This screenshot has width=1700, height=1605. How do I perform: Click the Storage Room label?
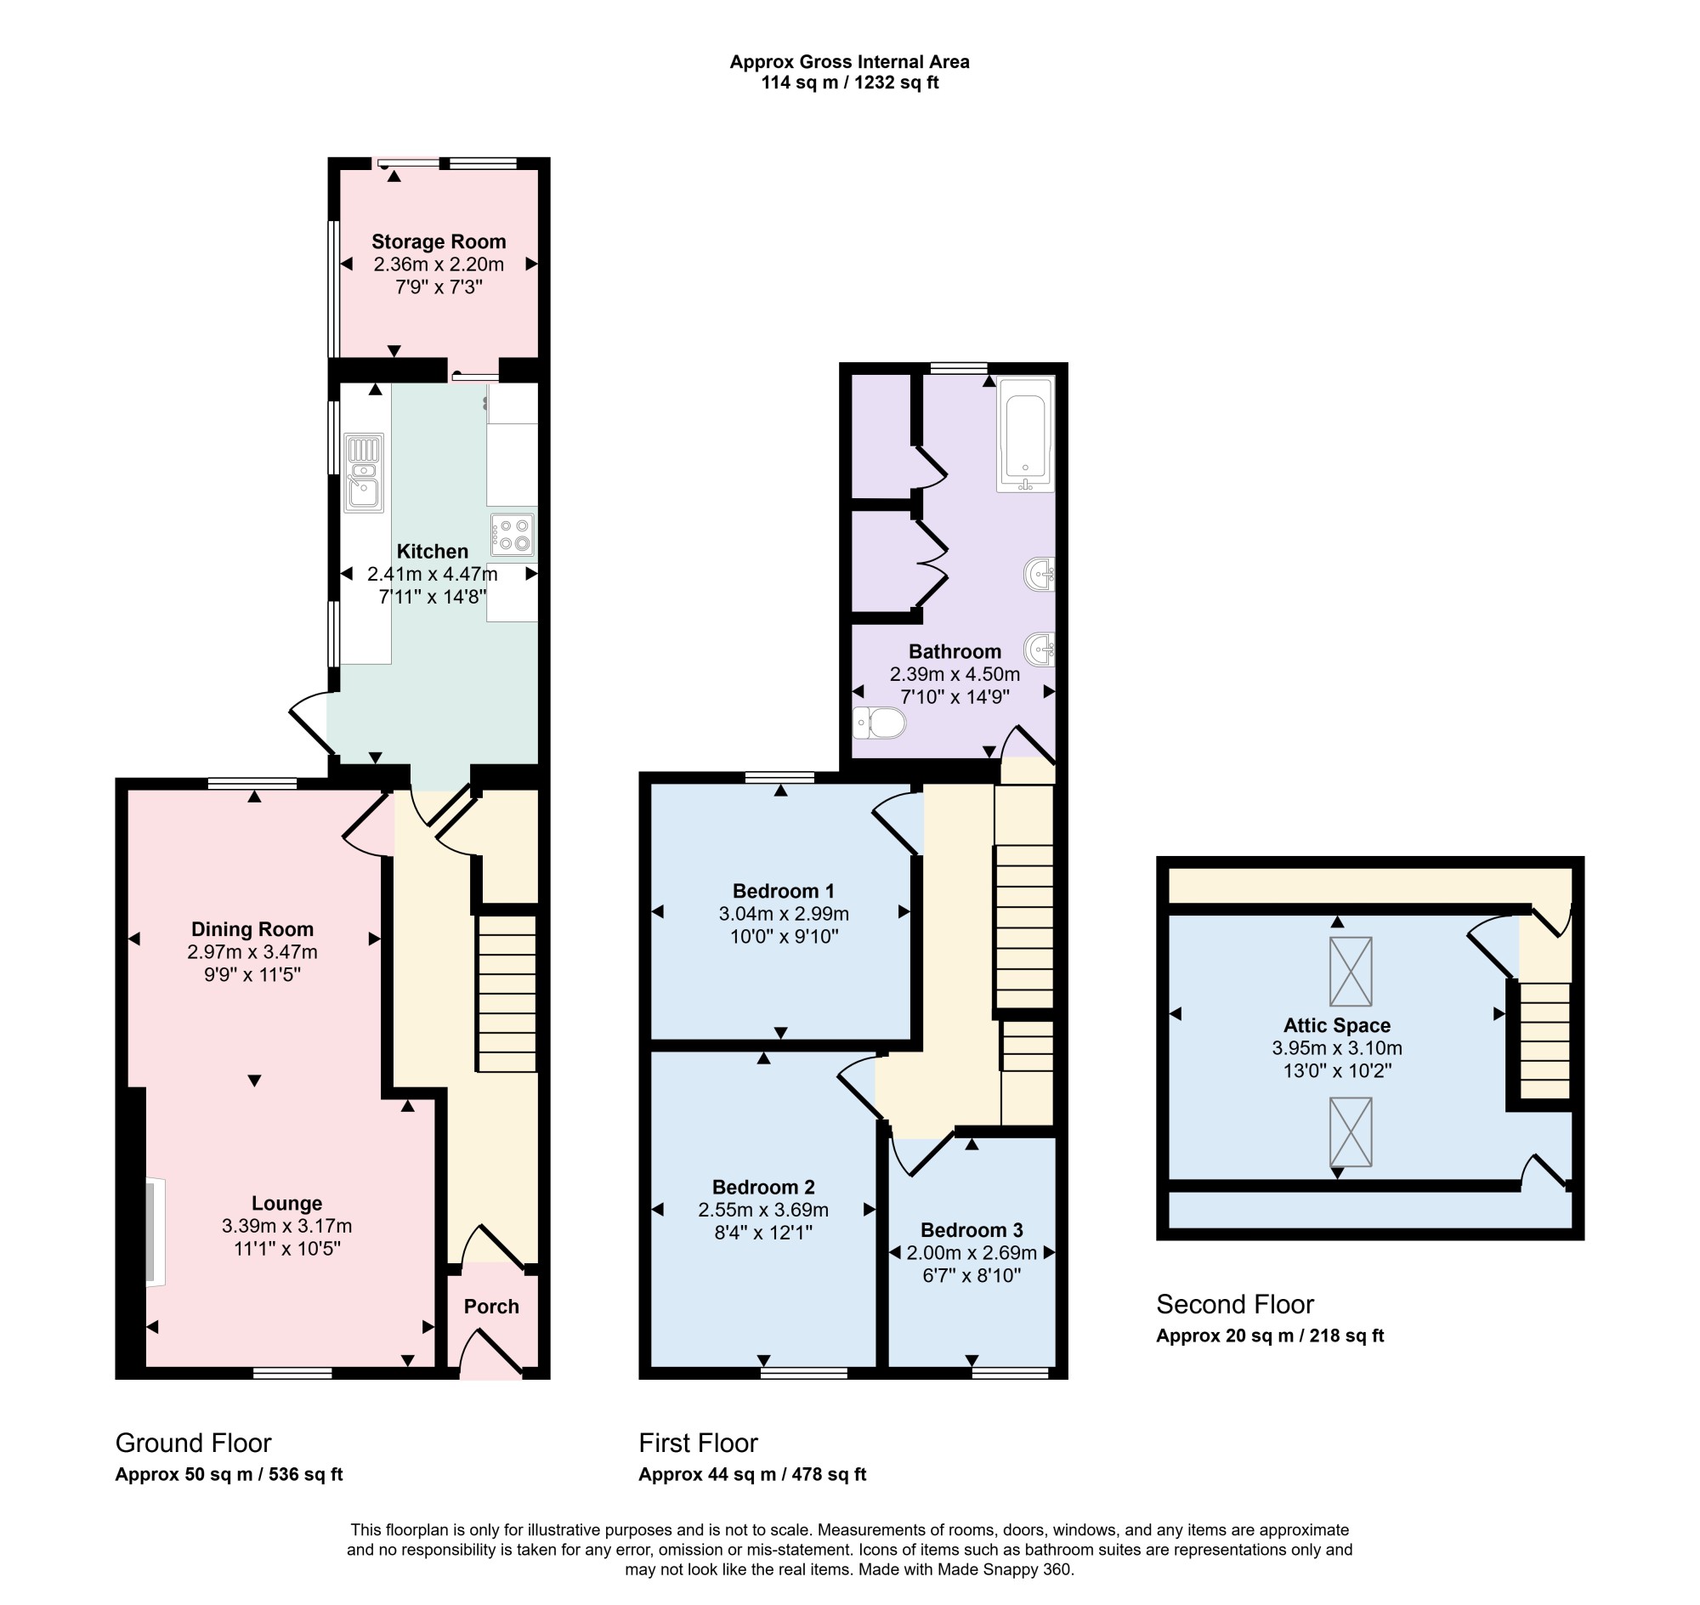tap(438, 242)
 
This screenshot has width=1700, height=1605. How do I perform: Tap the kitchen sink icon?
tap(364, 474)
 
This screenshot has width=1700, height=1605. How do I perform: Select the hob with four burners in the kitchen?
tap(513, 534)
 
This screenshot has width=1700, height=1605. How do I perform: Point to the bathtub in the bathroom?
tap(1025, 434)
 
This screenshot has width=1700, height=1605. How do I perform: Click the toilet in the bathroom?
tap(879, 723)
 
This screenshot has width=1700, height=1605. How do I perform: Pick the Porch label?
tap(491, 1307)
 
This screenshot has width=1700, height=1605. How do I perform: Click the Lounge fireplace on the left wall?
tap(155, 1232)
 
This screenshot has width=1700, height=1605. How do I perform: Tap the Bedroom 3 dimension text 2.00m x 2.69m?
tap(971, 1252)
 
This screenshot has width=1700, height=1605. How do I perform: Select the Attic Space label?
tap(1336, 1025)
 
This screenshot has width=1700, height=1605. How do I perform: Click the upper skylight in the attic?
tap(1350, 972)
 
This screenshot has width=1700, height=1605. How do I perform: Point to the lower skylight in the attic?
tap(1350, 1131)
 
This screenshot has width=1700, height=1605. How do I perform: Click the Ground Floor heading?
tap(193, 1443)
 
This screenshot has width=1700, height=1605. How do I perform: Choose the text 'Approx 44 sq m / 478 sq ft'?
tap(752, 1474)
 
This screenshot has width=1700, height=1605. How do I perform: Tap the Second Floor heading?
tap(1234, 1304)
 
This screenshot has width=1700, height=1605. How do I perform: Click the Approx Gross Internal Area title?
tap(849, 61)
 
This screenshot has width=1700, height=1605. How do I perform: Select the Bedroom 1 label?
tap(783, 891)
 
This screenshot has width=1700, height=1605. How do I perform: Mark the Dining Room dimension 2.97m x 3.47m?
tap(252, 951)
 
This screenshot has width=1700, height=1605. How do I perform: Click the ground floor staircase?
tap(507, 993)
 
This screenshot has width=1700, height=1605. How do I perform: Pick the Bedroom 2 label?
tap(763, 1187)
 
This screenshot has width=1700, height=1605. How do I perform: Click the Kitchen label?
tap(432, 551)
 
